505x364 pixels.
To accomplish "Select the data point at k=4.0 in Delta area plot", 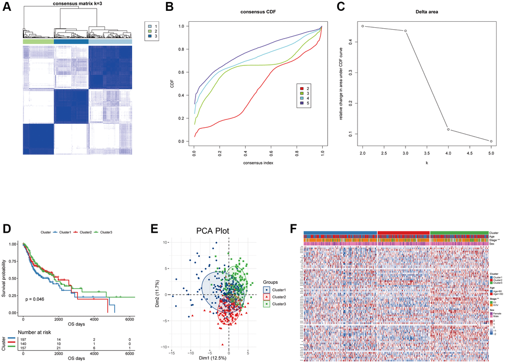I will (x=448, y=129).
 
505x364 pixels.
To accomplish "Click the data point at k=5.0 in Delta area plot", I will (x=491, y=141).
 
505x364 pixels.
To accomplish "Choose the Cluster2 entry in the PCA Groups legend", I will (x=276, y=296).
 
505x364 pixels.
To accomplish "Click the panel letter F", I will (x=293, y=229).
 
